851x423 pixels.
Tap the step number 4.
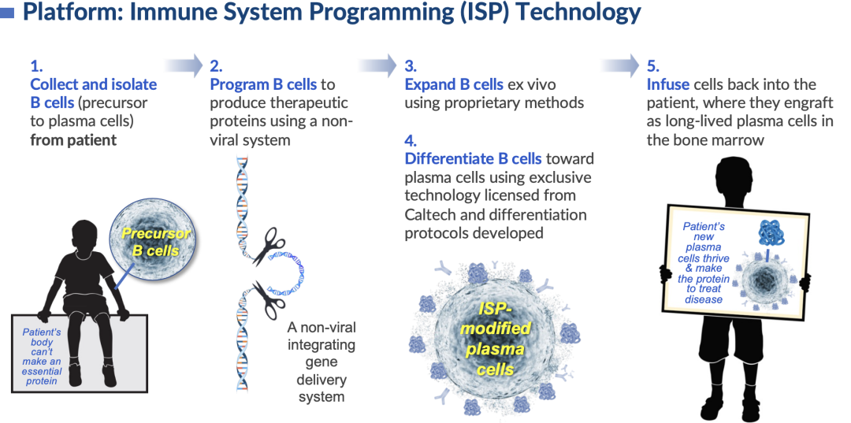click(x=410, y=141)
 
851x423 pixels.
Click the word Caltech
click(x=430, y=214)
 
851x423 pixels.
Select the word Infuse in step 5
click(x=668, y=84)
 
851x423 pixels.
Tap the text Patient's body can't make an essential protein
click(x=42, y=356)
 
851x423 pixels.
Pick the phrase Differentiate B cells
click(x=473, y=160)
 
